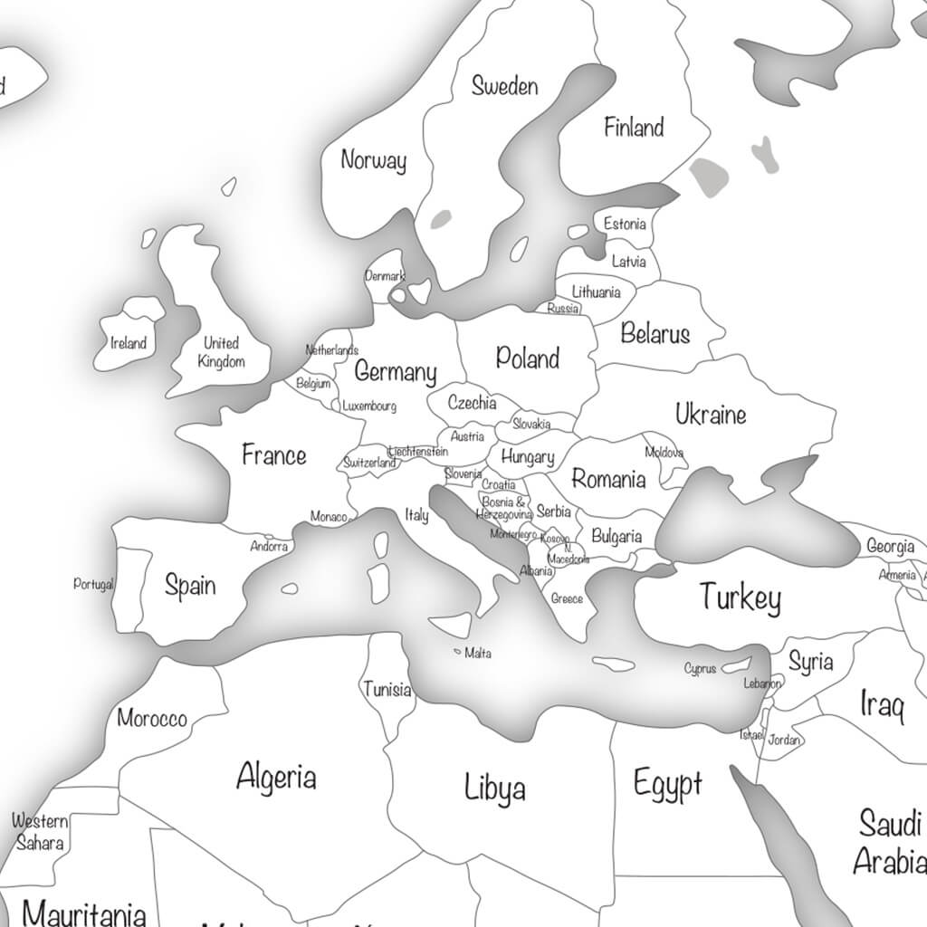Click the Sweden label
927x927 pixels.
(x=504, y=86)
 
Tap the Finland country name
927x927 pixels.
(x=634, y=128)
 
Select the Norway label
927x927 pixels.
(x=373, y=161)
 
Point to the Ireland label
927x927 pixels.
(x=128, y=343)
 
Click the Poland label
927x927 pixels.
(x=528, y=358)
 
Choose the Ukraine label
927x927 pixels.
(x=711, y=415)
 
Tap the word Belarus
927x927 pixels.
(x=655, y=334)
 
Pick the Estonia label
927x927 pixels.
(x=625, y=224)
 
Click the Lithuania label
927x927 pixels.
(x=596, y=291)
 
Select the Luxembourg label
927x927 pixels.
(x=369, y=406)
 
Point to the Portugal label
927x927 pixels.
(x=93, y=584)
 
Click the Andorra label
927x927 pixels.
(x=269, y=547)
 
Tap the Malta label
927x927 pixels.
(x=478, y=653)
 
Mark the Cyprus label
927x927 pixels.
(x=700, y=669)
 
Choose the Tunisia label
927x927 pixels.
(x=387, y=690)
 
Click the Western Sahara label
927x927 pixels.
(x=40, y=832)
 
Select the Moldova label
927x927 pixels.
(x=664, y=452)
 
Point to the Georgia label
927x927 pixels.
(x=890, y=546)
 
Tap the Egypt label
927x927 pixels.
(x=667, y=783)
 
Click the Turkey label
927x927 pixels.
(x=740, y=597)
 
